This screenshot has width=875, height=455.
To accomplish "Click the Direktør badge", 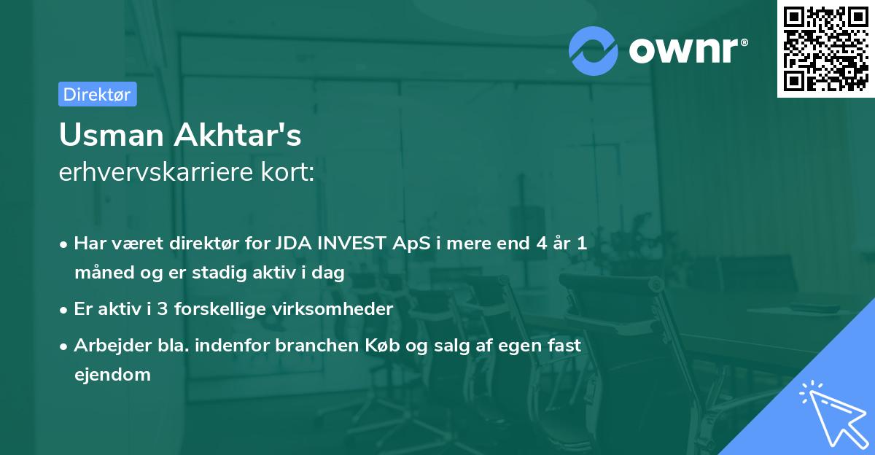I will point(97,94).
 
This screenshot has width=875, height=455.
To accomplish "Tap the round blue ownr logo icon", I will point(594,51).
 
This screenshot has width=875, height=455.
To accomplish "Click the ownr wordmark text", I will point(687,51).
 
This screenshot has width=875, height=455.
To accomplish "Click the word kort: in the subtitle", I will point(289,172).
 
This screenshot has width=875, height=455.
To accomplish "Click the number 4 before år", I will point(540,244).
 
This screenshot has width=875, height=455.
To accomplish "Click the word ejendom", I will point(112,375).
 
